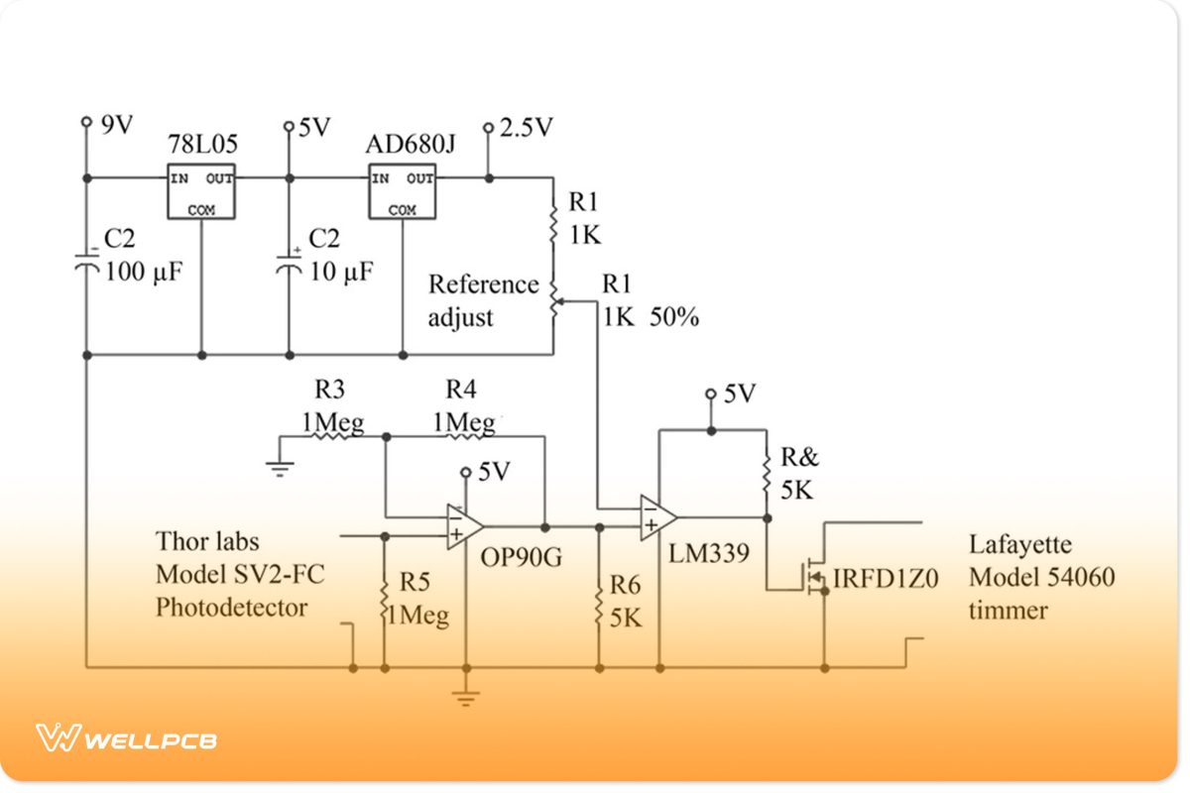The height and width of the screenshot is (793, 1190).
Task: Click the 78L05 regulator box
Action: coord(200,191)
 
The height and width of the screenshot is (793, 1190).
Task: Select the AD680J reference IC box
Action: coord(403,191)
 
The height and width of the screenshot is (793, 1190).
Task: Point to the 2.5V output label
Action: coord(526,128)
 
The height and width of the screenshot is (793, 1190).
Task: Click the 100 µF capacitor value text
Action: coord(144,272)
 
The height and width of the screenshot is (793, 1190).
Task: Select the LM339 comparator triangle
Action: coord(657,517)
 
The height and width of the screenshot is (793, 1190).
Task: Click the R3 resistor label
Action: coord(331,389)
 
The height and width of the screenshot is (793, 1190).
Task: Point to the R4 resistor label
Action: coord(462,389)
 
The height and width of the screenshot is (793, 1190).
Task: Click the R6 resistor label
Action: coord(627,583)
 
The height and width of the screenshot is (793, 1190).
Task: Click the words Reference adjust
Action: coord(483,301)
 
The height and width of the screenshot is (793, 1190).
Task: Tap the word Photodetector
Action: coord(231,607)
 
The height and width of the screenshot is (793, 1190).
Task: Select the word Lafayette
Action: coord(1020,544)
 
